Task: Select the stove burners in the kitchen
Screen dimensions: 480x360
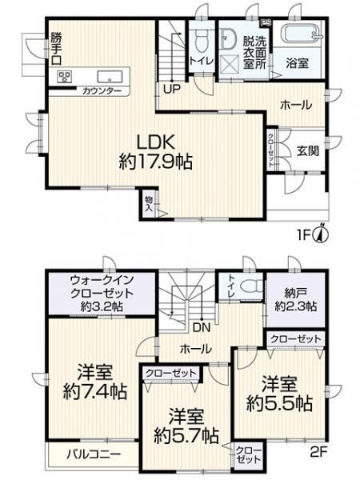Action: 65,77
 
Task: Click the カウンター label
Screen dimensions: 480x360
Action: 102,91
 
